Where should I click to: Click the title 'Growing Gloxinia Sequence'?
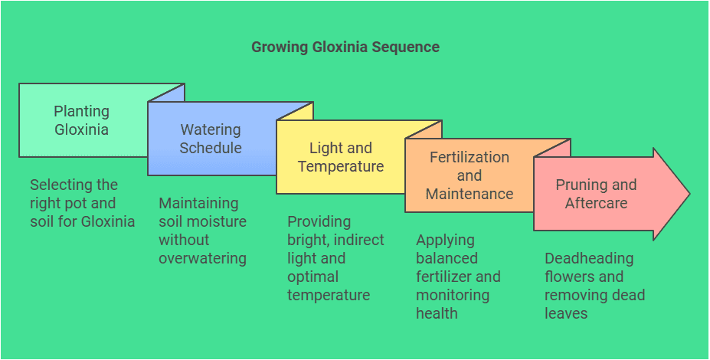[x=345, y=47]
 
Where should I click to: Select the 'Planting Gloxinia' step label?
[x=81, y=120]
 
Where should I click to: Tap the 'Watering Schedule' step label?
[x=210, y=139]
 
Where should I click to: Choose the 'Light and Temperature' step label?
[x=340, y=157]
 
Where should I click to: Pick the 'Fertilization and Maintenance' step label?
[x=469, y=175]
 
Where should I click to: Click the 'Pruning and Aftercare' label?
[x=596, y=194]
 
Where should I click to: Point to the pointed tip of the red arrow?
[x=689, y=194]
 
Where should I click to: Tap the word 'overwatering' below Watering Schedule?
[x=202, y=258]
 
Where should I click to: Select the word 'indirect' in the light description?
[x=358, y=240]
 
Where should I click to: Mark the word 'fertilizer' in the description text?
[x=448, y=277]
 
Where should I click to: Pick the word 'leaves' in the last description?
[x=566, y=313]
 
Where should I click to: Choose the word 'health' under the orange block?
[x=437, y=313]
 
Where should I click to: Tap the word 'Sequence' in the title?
[x=406, y=47]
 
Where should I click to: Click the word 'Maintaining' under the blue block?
[x=198, y=203]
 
